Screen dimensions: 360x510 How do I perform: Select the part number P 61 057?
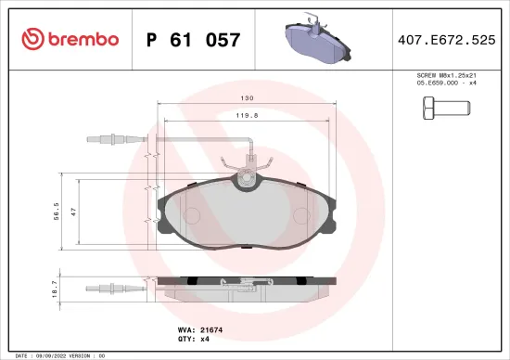pos(194,40)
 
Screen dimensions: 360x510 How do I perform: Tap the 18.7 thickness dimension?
pos(55,290)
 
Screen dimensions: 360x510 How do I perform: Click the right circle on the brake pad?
pos(301,215)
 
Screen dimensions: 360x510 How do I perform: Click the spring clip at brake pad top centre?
pos(246,172)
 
